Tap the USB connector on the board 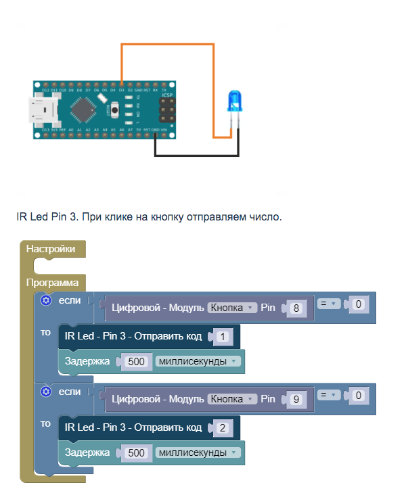[x=42, y=110]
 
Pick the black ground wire [x=196, y=156]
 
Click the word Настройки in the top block [x=51, y=249]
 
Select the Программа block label [x=53, y=282]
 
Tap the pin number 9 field [x=295, y=400]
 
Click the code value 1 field [x=223, y=336]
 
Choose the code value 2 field [x=223, y=427]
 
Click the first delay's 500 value [x=137, y=362]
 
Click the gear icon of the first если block [x=46, y=300]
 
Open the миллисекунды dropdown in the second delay [x=198, y=452]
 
